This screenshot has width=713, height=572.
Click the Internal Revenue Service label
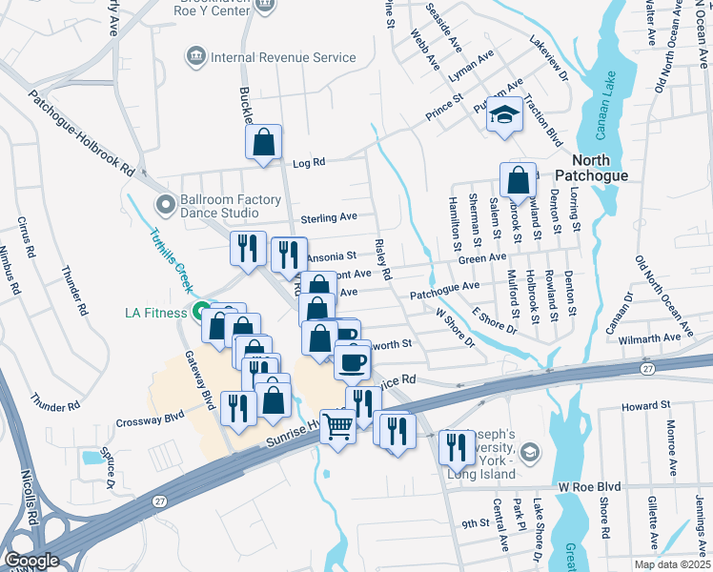tap(283, 57)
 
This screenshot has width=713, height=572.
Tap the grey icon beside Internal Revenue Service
tap(197, 57)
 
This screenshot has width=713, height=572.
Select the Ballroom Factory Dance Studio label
tap(232, 206)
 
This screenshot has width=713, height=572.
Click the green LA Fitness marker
tap(201, 312)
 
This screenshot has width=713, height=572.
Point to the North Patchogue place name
tap(613, 168)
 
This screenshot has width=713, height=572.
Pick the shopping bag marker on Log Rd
tap(264, 143)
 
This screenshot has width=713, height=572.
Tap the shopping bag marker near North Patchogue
tap(517, 179)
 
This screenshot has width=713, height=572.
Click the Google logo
tap(32, 560)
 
